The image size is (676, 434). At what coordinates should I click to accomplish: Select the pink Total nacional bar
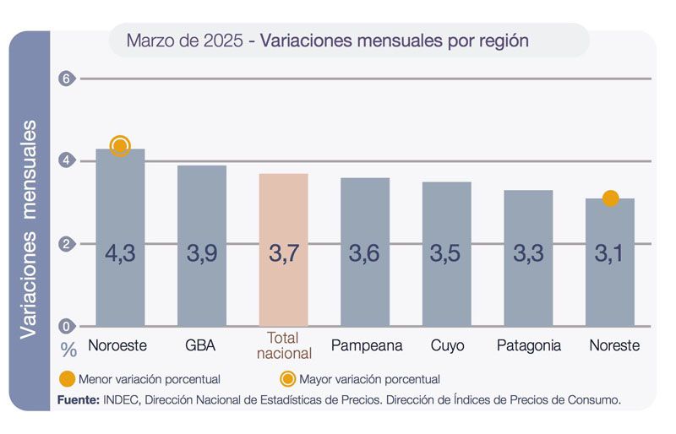pos(283,250)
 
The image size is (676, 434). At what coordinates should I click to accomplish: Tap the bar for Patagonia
pos(528,258)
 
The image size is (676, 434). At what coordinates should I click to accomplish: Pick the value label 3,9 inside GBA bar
pos(201,253)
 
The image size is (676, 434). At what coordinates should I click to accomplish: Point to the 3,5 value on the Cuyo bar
pos(446,253)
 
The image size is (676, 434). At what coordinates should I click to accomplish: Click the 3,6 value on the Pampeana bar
pos(364,253)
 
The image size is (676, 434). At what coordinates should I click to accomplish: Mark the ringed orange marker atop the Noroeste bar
pos(120,146)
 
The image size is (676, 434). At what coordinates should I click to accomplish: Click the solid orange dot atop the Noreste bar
pos(610,198)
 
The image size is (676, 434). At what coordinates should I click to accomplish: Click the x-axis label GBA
pos(201,345)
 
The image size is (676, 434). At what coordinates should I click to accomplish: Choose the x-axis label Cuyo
pos(447,345)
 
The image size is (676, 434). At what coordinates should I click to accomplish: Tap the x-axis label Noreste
pos(613,345)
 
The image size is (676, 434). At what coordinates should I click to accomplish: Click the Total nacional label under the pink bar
pos(283,345)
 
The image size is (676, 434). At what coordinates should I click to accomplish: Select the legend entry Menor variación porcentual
pos(140,379)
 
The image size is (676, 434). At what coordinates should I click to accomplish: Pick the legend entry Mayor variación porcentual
pos(361,379)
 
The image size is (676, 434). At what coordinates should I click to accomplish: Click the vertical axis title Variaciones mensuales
pos(29,229)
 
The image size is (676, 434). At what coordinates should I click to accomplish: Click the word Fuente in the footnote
pos(79,399)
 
